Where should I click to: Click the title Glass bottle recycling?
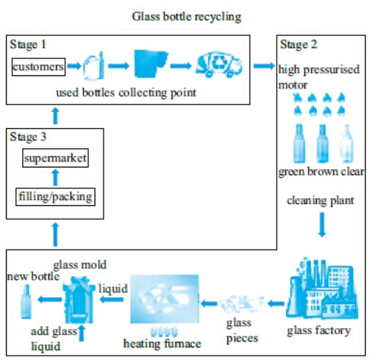[x=186, y=17]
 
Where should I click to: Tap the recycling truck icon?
[x=220, y=66]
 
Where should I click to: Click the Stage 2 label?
[x=298, y=43]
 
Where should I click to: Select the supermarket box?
[x=55, y=159]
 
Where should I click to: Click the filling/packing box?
[x=55, y=195]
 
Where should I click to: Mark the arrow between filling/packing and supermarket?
[x=55, y=177]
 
